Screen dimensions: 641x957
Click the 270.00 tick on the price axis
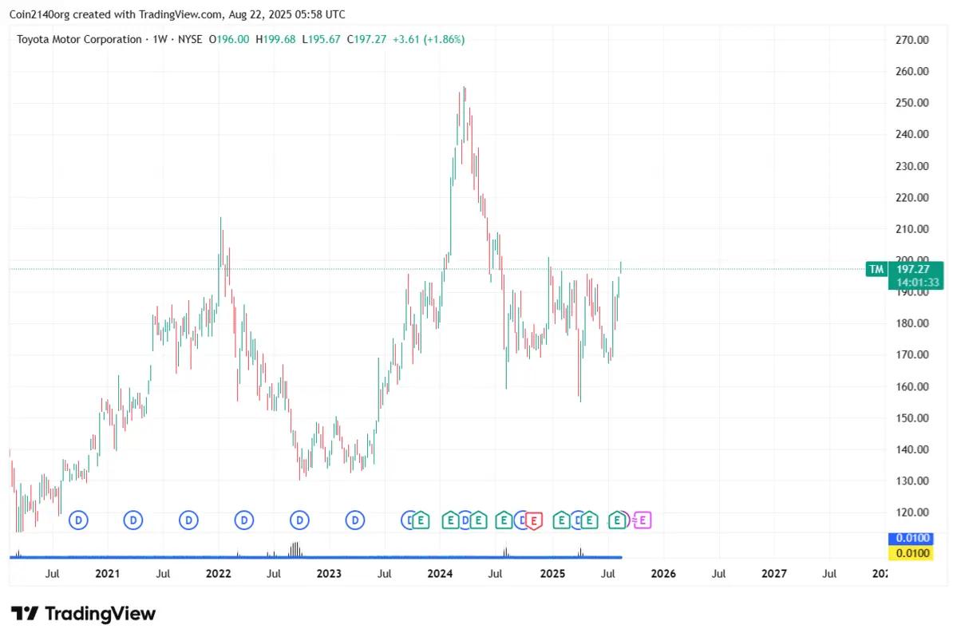point(912,40)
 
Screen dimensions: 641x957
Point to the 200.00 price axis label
point(912,260)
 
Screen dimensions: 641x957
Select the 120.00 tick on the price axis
point(912,512)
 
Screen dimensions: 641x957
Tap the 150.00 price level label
point(912,418)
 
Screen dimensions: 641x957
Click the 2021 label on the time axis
point(107,573)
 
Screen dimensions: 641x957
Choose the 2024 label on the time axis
point(440,573)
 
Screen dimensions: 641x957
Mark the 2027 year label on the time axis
point(773,573)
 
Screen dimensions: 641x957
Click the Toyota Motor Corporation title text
point(79,39)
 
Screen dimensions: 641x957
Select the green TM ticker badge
point(876,269)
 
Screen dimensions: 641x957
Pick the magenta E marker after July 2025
point(643,520)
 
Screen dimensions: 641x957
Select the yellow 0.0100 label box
point(911,552)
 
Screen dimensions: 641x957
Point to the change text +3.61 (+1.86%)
point(429,39)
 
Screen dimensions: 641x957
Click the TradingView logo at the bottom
point(84,613)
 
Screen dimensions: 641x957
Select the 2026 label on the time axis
point(662,573)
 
